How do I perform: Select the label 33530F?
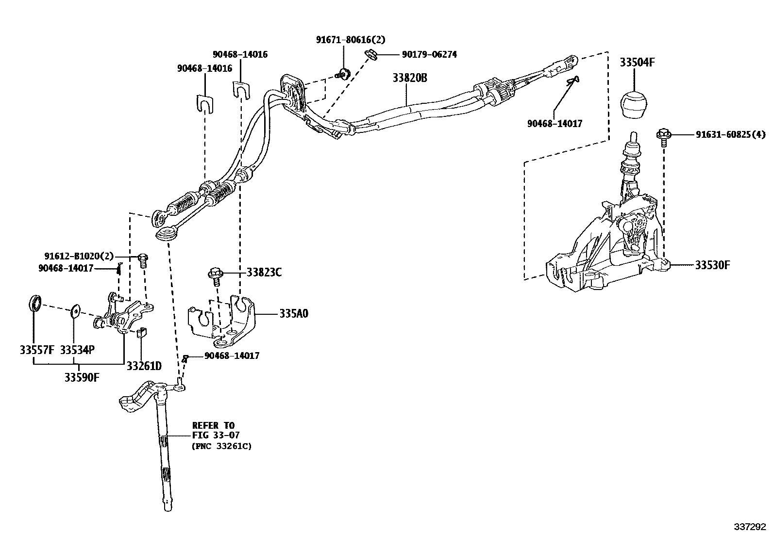[x=712, y=265]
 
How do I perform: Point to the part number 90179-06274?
[x=429, y=55]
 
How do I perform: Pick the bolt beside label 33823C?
[x=216, y=275]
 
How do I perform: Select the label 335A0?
[x=294, y=314]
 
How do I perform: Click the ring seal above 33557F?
[x=33, y=303]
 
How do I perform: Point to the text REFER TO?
[x=213, y=426]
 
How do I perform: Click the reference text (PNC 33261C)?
[x=221, y=446]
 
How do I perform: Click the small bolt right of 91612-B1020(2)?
[x=143, y=259]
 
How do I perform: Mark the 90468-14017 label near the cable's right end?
[x=555, y=124]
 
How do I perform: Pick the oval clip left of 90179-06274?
[x=372, y=54]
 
